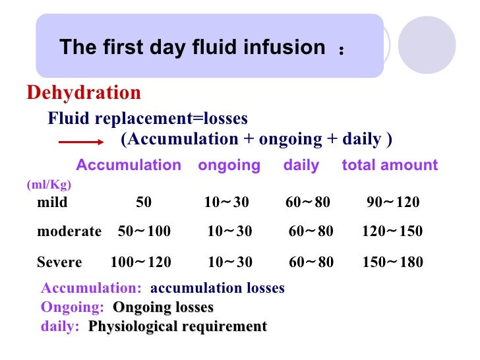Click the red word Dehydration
[x=84, y=93]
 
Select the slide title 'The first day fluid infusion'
[x=193, y=47]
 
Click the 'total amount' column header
[x=390, y=165]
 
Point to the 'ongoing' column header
[x=229, y=165]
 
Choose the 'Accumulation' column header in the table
[x=129, y=165]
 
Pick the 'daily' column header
[x=301, y=165]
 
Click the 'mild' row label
[x=52, y=202]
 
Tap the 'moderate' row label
[x=69, y=231]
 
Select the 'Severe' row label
[x=59, y=262]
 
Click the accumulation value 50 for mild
[x=144, y=202]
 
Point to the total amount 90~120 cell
[x=393, y=202]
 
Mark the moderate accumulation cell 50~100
[x=144, y=231]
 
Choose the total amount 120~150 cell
[x=392, y=231]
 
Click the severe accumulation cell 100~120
[x=140, y=262]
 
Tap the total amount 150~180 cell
[x=393, y=262]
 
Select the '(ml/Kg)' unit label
[x=49, y=185]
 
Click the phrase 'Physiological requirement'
[x=178, y=326]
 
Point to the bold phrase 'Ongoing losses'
[x=164, y=307]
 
